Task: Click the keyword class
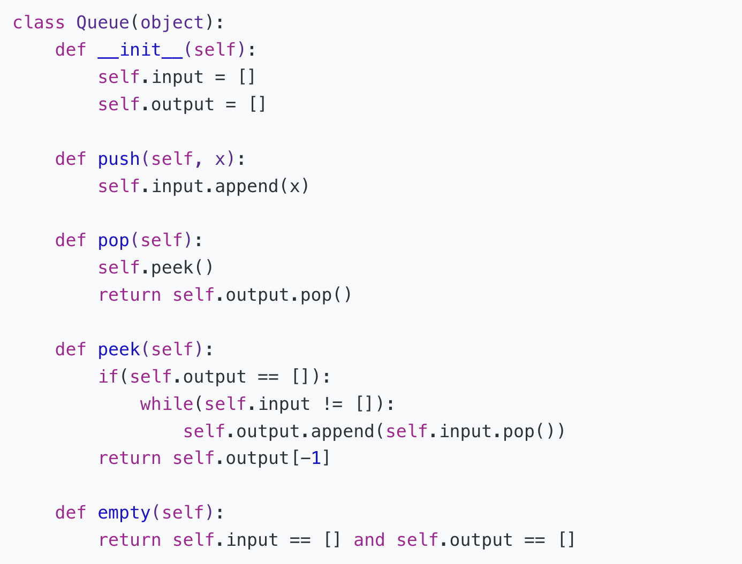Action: (x=39, y=22)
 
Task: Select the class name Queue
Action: (x=102, y=22)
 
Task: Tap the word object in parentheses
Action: (x=172, y=22)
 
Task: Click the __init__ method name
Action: (x=140, y=50)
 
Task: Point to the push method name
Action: (x=119, y=159)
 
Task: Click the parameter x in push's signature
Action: (x=220, y=159)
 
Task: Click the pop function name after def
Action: (x=113, y=240)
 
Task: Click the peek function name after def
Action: (x=119, y=349)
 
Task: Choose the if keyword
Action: (x=108, y=377)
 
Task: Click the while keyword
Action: (x=166, y=404)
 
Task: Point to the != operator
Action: (x=332, y=404)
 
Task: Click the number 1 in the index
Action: (x=316, y=459)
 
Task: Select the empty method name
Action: (x=124, y=513)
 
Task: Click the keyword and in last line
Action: (x=369, y=540)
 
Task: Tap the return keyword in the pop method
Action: (x=130, y=295)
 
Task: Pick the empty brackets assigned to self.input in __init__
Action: (x=246, y=77)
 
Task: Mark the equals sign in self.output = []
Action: (x=230, y=104)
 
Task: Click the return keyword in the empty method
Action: (x=130, y=540)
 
